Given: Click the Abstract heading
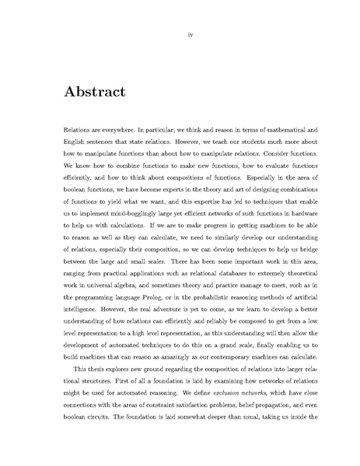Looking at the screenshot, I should pyautogui.click(x=92, y=92).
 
